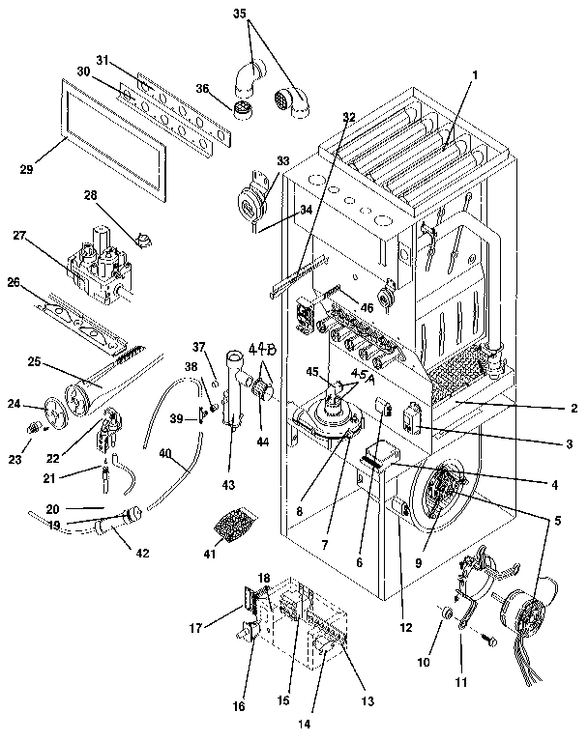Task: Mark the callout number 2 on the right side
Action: click(x=573, y=408)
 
